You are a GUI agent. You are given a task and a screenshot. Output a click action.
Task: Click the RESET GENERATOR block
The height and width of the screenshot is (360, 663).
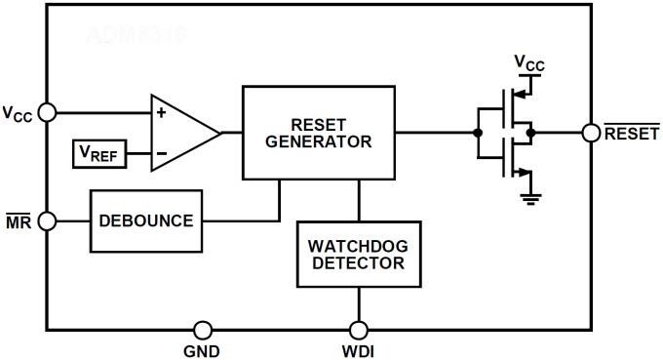coord(319,132)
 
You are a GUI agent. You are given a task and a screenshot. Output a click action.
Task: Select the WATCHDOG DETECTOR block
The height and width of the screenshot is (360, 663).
coord(358,254)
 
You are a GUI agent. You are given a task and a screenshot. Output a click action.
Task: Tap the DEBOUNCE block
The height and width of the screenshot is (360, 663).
coord(146,220)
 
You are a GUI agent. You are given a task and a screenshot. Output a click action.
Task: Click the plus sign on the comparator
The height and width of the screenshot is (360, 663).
coord(161,113)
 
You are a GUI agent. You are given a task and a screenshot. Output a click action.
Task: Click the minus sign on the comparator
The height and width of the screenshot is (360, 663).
coord(161,153)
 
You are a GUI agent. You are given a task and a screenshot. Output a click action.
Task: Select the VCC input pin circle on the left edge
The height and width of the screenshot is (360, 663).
coord(46,113)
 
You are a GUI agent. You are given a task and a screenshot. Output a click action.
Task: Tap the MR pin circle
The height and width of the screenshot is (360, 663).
coord(46,220)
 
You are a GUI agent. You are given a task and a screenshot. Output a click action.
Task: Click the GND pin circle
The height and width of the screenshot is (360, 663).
coord(203,330)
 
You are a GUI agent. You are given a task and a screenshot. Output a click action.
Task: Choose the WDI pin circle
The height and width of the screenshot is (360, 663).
coord(358,330)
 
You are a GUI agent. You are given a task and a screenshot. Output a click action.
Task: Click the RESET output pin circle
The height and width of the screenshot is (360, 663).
coord(591,133)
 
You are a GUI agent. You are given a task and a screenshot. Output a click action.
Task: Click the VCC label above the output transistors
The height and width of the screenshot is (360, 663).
coord(529,64)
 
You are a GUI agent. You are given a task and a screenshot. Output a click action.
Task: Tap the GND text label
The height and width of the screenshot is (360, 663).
coord(202,351)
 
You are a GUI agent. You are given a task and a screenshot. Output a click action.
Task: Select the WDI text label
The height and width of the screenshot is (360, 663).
coord(358,351)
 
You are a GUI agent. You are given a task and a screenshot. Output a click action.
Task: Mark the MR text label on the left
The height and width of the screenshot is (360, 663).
coord(19,220)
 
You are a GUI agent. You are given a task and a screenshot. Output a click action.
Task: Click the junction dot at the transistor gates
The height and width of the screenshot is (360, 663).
coord(477,133)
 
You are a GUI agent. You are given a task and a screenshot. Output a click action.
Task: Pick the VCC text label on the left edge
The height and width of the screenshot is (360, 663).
coord(18,114)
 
